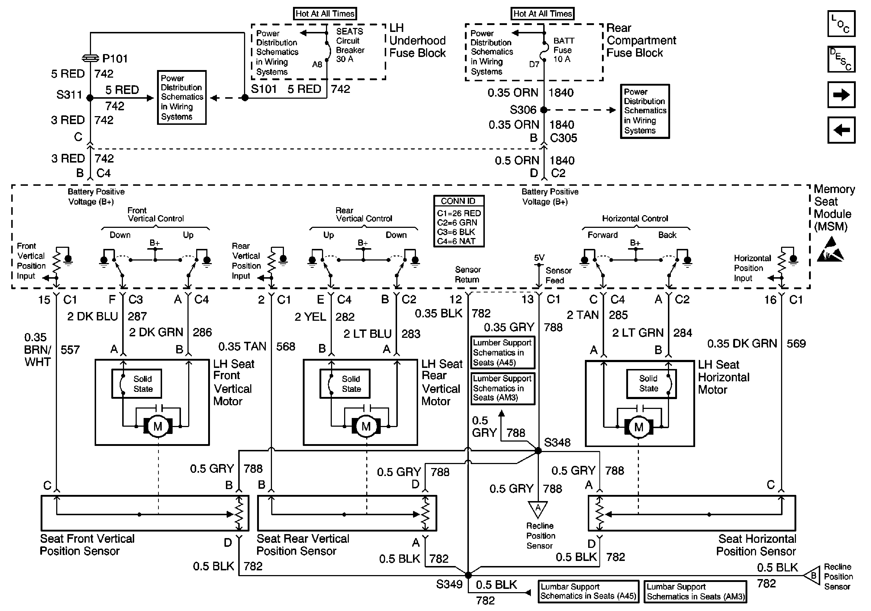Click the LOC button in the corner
841,24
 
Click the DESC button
841,59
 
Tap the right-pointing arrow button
841,94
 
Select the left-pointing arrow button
841,130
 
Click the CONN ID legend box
459,221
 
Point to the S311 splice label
69,94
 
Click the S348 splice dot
538,451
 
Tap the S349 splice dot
468,575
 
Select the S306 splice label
523,110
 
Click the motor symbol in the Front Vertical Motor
158,427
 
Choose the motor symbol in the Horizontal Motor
639,427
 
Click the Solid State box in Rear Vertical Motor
345,383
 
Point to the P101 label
115,58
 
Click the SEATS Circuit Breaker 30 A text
350,45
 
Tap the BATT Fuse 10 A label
564,50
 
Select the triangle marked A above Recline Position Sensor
537,509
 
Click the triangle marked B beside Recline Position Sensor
812,576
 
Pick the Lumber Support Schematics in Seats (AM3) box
503,388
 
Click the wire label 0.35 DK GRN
742,344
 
